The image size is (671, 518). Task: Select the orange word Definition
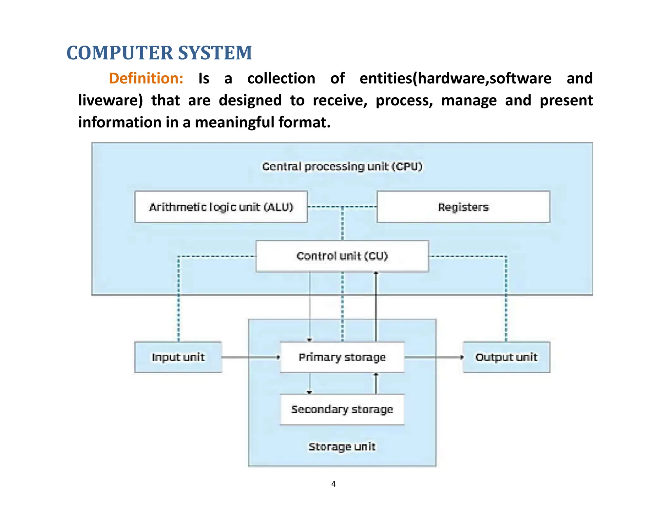click(146, 79)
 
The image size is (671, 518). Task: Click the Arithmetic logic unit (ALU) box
click(221, 207)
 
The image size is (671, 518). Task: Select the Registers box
click(463, 207)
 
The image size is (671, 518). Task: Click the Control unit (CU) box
click(342, 256)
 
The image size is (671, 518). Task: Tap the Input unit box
click(178, 357)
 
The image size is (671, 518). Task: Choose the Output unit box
click(506, 357)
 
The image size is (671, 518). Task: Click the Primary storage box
click(342, 357)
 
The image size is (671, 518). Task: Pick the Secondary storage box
click(342, 409)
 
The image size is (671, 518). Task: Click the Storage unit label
click(342, 447)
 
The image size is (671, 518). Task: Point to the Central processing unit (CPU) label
click(342, 167)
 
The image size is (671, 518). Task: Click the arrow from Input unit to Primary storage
click(251, 357)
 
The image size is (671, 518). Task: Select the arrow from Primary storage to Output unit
click(433, 357)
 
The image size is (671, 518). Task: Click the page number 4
click(334, 484)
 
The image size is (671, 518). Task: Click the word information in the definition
click(120, 122)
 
